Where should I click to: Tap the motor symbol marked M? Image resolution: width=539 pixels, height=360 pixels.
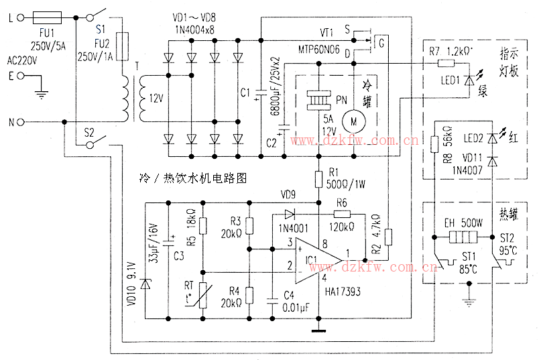352,120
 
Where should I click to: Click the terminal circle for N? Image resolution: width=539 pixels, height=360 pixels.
22,122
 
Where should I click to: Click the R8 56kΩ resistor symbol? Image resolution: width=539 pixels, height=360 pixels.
434,143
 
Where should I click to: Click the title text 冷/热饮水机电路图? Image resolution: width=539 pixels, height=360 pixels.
192,179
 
